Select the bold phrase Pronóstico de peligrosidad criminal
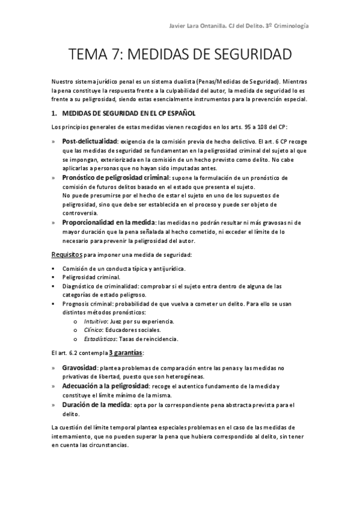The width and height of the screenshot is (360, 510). (116, 178)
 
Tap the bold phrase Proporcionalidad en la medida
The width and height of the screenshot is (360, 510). (108, 223)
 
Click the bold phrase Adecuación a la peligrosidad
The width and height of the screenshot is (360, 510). (105, 386)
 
